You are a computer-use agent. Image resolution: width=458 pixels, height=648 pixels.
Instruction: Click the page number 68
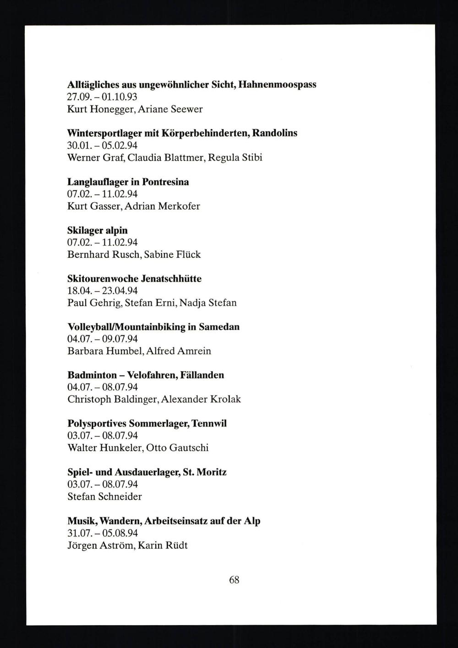[234, 580]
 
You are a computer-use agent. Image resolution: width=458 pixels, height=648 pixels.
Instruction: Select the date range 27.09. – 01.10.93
[102, 97]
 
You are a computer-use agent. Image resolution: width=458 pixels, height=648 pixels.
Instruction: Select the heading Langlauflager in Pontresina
[128, 182]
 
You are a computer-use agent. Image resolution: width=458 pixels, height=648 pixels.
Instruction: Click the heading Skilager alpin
[98, 230]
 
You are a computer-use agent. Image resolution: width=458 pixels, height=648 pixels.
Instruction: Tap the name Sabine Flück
[172, 254]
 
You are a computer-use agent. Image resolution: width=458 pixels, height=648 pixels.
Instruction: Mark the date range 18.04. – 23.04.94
[102, 291]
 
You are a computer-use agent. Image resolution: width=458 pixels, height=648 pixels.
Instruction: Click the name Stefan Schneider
[104, 497]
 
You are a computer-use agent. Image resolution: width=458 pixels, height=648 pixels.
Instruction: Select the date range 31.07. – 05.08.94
[102, 533]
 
